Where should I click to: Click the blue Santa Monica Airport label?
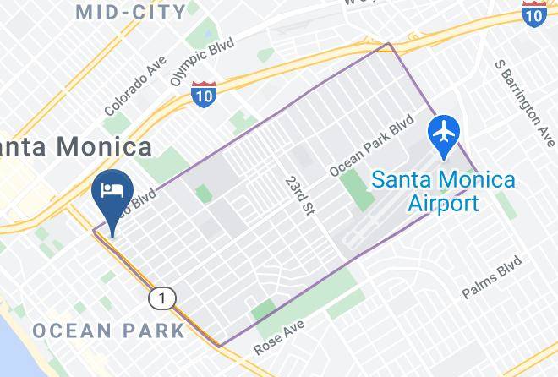point(444,191)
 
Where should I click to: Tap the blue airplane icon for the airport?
point(444,134)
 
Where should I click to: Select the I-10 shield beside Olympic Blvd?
point(204,93)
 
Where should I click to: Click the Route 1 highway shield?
point(161,298)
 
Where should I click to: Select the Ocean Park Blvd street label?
point(371,145)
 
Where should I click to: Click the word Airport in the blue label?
point(444,203)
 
